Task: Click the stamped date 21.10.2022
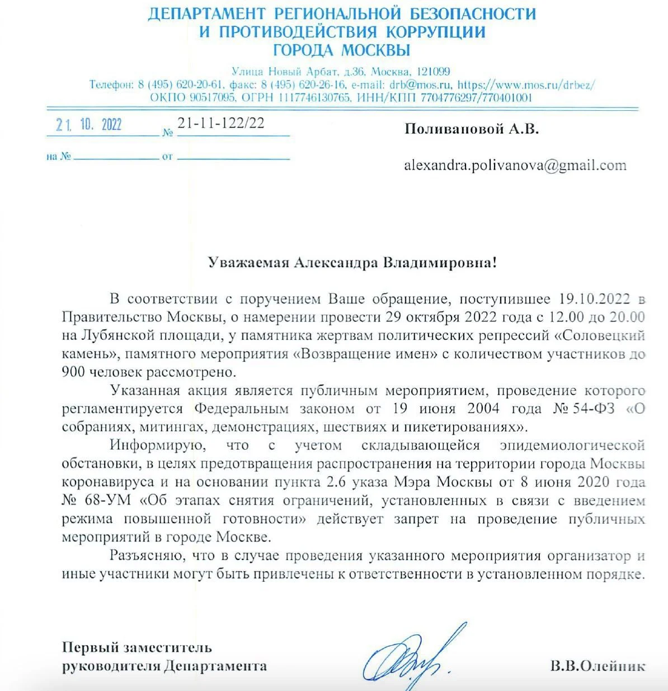coord(89,124)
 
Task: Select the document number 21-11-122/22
coord(221,123)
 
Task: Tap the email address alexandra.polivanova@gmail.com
coord(515,165)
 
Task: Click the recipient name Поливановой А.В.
coord(472,129)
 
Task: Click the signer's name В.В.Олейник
coord(598,666)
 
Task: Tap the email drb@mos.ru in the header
coord(420,85)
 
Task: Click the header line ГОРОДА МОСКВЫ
coord(342,50)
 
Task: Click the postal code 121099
coord(431,72)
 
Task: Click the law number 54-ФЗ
coord(593,409)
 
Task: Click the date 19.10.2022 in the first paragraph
coord(595,299)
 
